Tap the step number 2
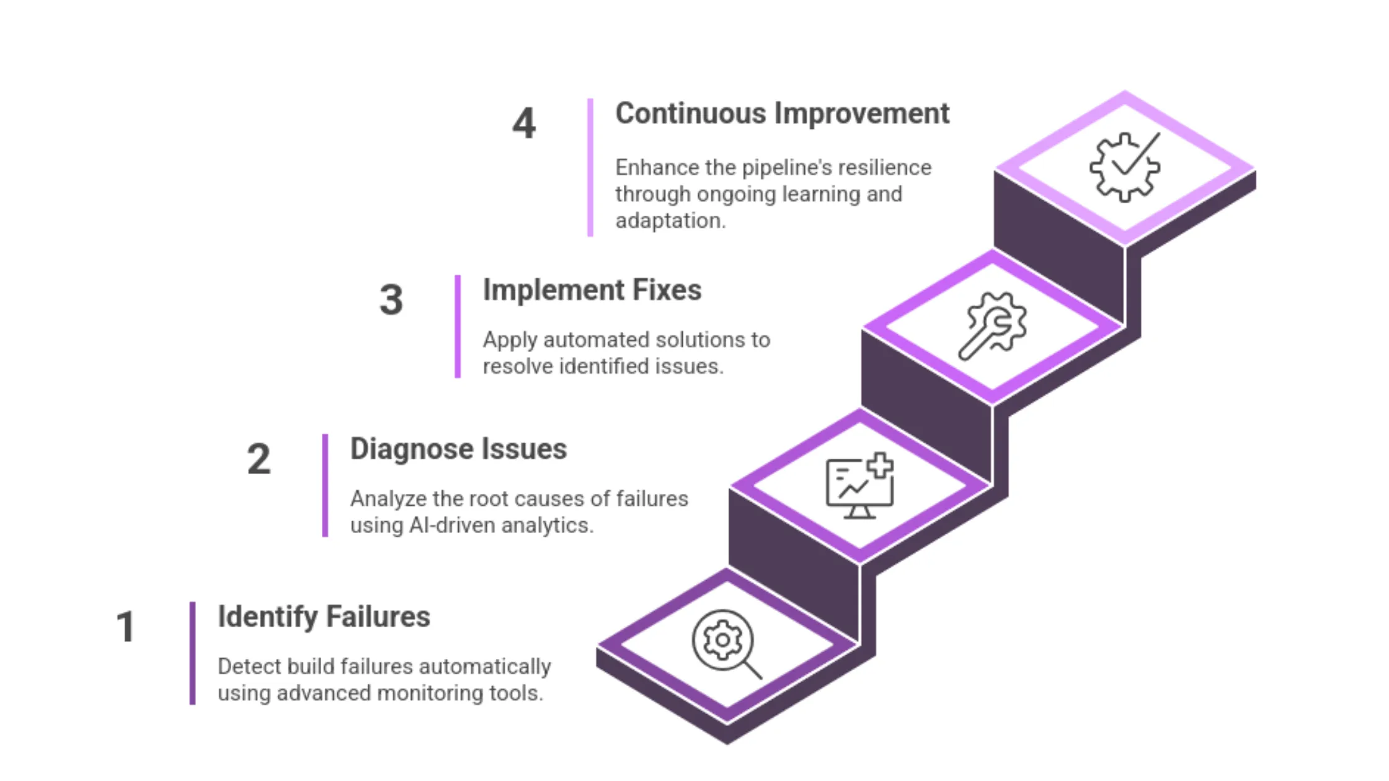[259, 459]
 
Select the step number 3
[391, 299]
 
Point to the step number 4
[524, 123]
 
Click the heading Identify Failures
[324, 617]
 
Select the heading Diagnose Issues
[458, 449]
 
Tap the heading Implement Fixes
[592, 290]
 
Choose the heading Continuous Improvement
[782, 113]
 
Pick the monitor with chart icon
[859, 486]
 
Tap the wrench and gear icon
[993, 325]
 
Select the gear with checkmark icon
[1125, 166]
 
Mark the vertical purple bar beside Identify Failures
[192, 653]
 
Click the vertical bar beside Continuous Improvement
[590, 167]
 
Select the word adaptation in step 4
[670, 221]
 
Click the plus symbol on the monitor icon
[880, 466]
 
